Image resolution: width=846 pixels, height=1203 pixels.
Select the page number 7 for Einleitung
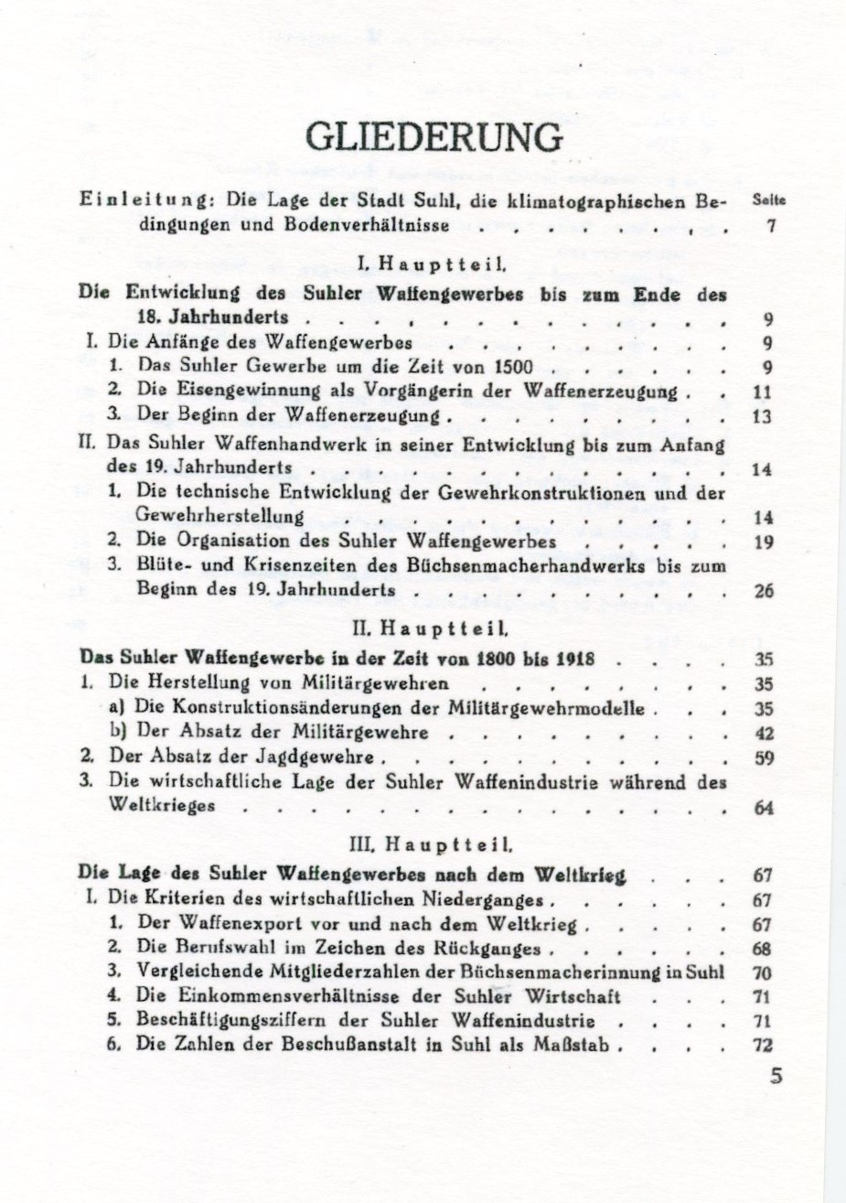[x=771, y=226]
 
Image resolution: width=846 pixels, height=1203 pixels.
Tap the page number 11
[x=765, y=392]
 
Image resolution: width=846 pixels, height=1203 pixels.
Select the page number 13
[x=765, y=417]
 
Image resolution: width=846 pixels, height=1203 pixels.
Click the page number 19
[x=765, y=542]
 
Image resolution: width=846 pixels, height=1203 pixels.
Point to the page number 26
[x=765, y=591]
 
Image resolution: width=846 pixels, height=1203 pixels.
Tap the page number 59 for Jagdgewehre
[x=765, y=757]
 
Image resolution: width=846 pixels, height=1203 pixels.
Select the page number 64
[x=765, y=808]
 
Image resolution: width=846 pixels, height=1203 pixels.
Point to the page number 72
[x=765, y=1046]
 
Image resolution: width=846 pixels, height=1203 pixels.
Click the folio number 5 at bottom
[x=776, y=1078]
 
